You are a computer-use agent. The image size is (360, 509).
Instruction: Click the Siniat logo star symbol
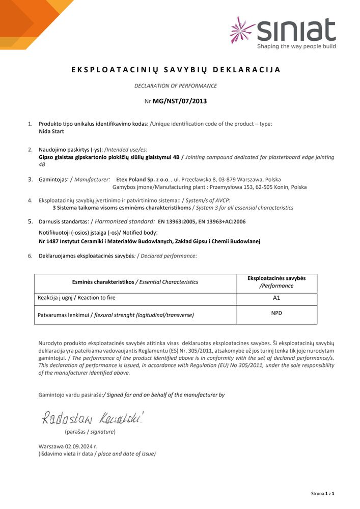[x=242, y=29]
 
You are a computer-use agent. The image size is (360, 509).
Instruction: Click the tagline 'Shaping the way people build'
[x=296, y=46]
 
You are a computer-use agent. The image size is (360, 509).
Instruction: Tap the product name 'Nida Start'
[x=51, y=131]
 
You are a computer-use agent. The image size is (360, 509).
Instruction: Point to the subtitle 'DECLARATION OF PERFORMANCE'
[x=176, y=86]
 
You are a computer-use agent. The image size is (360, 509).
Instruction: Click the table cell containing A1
[x=276, y=298]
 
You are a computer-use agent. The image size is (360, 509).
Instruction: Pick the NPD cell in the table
[x=276, y=314]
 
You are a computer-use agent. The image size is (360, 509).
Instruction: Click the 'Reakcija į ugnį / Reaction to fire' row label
[x=80, y=298]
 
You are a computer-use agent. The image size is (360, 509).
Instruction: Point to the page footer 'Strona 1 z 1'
[x=322, y=494]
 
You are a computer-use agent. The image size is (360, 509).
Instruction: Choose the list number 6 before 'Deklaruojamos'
[x=30, y=256]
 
